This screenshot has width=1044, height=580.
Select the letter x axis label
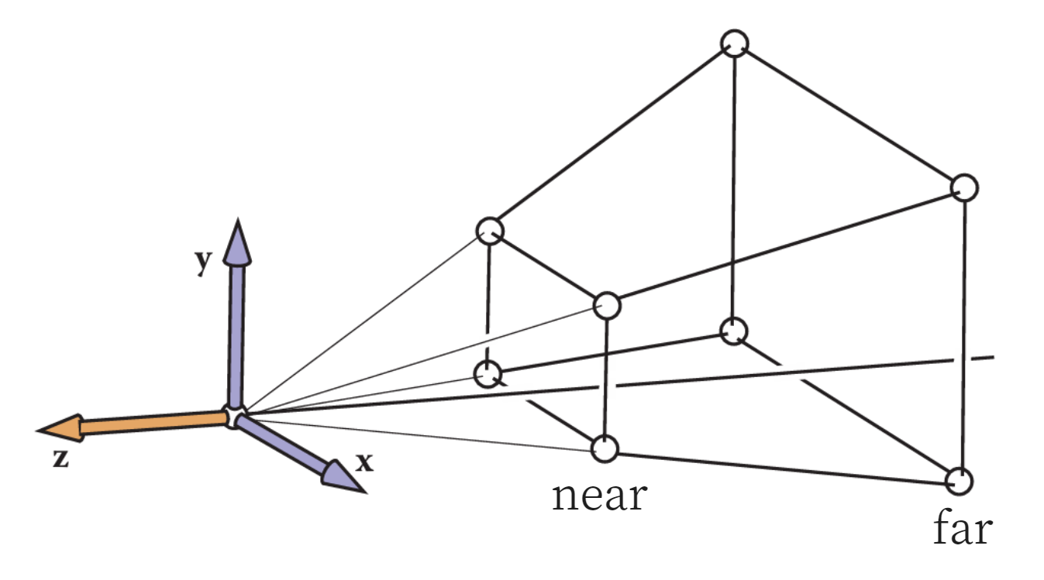(x=364, y=463)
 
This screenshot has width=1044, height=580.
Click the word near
(x=598, y=495)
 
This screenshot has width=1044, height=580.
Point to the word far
(x=962, y=530)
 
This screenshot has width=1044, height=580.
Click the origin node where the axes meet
(x=234, y=417)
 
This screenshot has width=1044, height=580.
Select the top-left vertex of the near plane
(x=489, y=230)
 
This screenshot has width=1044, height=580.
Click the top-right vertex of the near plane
(x=607, y=306)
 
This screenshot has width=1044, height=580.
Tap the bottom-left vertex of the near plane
(x=487, y=374)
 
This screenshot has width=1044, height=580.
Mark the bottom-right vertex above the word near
(x=604, y=448)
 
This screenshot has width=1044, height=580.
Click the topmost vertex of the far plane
(x=733, y=43)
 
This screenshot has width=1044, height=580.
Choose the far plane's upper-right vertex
(x=963, y=187)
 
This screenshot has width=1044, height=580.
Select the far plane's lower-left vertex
(x=732, y=331)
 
